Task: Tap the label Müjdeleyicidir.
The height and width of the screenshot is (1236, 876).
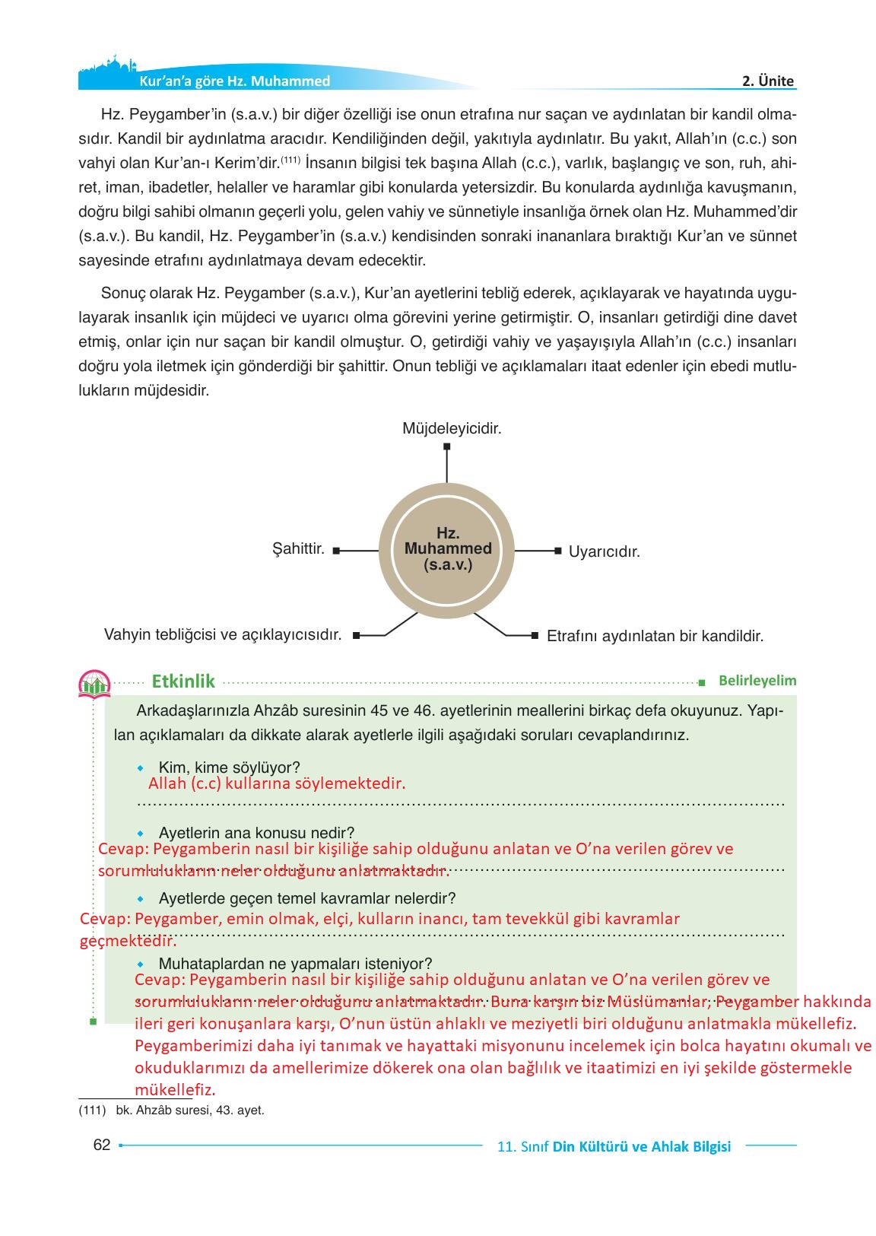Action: pyautogui.click(x=452, y=429)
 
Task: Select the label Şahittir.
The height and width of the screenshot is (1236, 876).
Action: pyautogui.click(x=298, y=548)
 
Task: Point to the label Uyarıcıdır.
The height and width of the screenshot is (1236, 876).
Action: pyautogui.click(x=605, y=552)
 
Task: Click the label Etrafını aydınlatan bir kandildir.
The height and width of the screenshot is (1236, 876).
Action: pyautogui.click(x=655, y=636)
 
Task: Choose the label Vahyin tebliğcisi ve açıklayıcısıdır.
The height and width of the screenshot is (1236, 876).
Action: pyautogui.click(x=222, y=634)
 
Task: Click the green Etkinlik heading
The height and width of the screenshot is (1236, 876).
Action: pyautogui.click(x=183, y=681)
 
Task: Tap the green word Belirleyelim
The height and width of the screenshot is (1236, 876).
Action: pyautogui.click(x=757, y=681)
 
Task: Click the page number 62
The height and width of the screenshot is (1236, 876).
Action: pyautogui.click(x=101, y=1145)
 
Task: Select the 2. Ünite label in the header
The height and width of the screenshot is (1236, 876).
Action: pyautogui.click(x=767, y=81)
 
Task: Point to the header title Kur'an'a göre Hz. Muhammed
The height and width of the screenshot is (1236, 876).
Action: pyautogui.click(x=233, y=81)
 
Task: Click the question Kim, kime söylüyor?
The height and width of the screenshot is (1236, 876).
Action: pyautogui.click(x=229, y=767)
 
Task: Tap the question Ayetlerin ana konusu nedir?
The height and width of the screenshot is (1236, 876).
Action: pyautogui.click(x=256, y=833)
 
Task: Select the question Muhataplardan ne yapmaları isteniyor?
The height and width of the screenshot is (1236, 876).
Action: pyautogui.click(x=295, y=964)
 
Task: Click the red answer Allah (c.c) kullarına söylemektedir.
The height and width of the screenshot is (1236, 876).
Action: pyautogui.click(x=277, y=783)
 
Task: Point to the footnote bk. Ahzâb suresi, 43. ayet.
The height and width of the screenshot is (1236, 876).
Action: pyautogui.click(x=189, y=1110)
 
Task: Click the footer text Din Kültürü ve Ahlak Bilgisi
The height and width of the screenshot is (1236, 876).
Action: pyautogui.click(x=641, y=1146)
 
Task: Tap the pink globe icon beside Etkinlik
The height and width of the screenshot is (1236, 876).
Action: pyautogui.click(x=94, y=683)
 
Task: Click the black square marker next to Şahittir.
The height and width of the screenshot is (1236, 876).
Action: pyautogui.click(x=336, y=549)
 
